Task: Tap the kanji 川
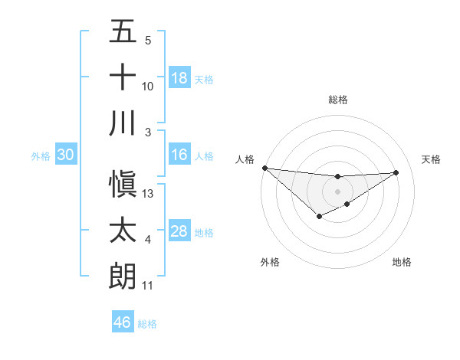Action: tap(123, 123)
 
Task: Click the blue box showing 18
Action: tap(179, 77)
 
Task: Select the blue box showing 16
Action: tap(179, 155)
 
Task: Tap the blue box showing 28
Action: tap(179, 231)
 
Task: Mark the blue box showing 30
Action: tap(65, 155)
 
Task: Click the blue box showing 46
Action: tap(122, 322)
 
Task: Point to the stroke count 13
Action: tap(148, 193)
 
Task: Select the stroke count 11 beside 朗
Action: tap(148, 286)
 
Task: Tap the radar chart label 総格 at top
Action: tap(337, 100)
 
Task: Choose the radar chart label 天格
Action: tap(431, 159)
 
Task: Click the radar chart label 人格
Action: tap(245, 159)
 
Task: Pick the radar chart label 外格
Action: tap(270, 262)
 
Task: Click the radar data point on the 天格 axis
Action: tap(396, 172)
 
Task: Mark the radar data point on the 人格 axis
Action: tap(264, 168)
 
